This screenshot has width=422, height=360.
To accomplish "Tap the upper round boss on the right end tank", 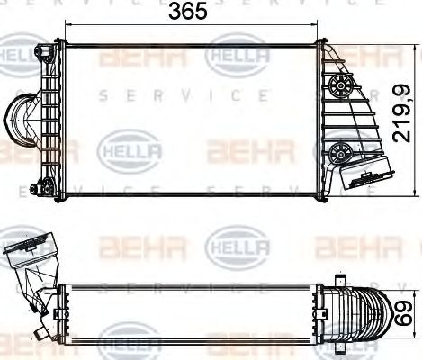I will (341, 87).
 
